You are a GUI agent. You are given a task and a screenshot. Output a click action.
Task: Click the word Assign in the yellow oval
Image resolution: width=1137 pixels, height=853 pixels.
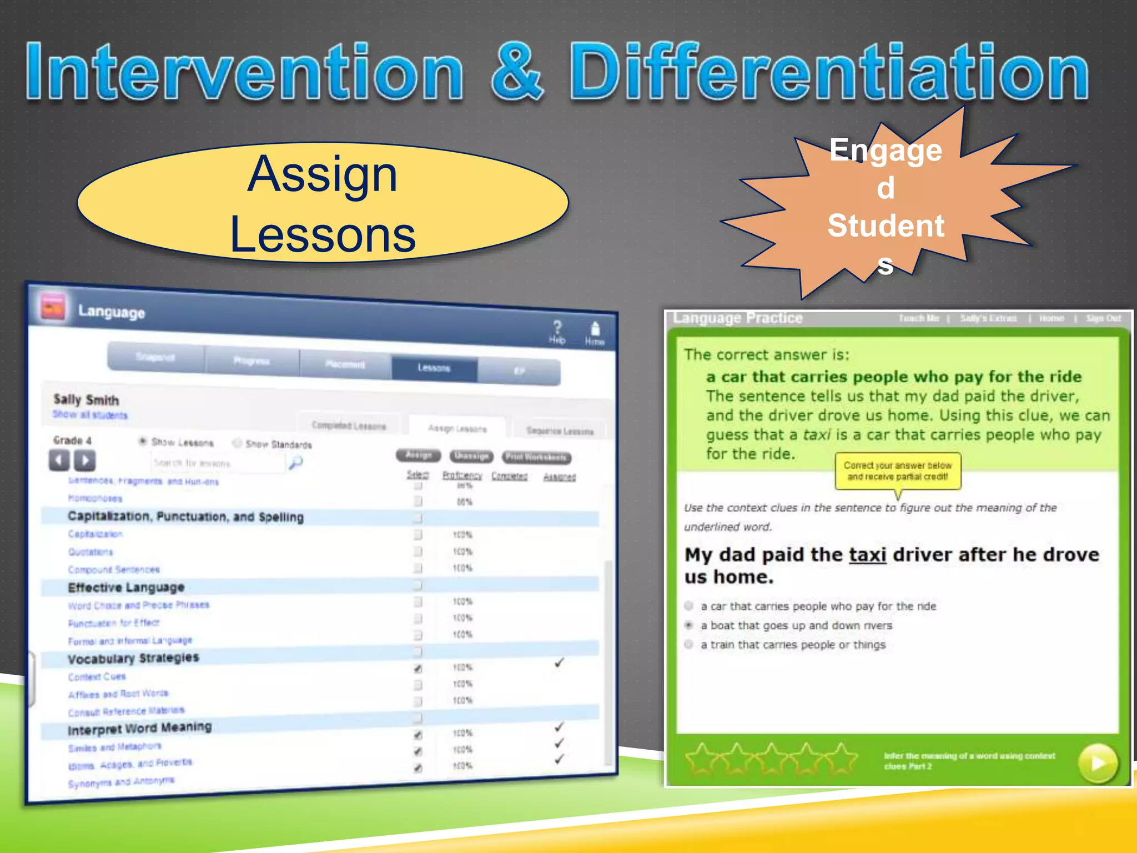pyautogui.click(x=323, y=174)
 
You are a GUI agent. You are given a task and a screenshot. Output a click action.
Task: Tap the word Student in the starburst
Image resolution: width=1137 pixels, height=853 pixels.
pyautogui.click(x=886, y=226)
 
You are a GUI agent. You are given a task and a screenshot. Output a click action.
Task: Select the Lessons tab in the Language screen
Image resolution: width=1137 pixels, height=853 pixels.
pyautogui.click(x=434, y=368)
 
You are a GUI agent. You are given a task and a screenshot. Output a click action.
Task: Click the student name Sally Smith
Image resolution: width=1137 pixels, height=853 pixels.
pyautogui.click(x=86, y=399)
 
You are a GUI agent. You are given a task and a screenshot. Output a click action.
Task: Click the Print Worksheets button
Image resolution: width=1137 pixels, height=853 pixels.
pyautogui.click(x=536, y=457)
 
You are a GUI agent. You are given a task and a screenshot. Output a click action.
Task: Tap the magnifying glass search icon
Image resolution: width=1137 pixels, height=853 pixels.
pyautogui.click(x=296, y=462)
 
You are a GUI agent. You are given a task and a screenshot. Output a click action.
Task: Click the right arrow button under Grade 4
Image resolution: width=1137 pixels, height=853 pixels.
pyautogui.click(x=85, y=460)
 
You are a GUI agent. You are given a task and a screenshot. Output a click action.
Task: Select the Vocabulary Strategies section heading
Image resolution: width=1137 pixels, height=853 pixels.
pyautogui.click(x=133, y=659)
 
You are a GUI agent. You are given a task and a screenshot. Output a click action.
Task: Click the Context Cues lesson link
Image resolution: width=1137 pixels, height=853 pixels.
pyautogui.click(x=97, y=677)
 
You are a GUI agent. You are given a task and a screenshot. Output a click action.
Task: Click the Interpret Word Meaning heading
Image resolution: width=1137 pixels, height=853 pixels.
pyautogui.click(x=139, y=728)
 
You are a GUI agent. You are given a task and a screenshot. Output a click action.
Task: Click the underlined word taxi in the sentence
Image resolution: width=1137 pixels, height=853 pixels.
pyautogui.click(x=867, y=555)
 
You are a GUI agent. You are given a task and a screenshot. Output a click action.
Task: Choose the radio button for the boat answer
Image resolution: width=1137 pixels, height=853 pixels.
pyautogui.click(x=689, y=625)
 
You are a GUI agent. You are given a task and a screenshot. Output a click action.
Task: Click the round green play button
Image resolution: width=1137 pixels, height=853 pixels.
pyautogui.click(x=1097, y=763)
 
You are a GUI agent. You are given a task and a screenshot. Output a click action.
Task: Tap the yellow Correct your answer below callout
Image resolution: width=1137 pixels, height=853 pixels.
pyautogui.click(x=898, y=471)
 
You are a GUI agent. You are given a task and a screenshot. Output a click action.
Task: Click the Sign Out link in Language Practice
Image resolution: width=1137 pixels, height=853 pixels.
pyautogui.click(x=1103, y=318)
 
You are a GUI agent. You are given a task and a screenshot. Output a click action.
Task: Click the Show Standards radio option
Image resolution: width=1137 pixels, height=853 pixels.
pyautogui.click(x=238, y=443)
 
